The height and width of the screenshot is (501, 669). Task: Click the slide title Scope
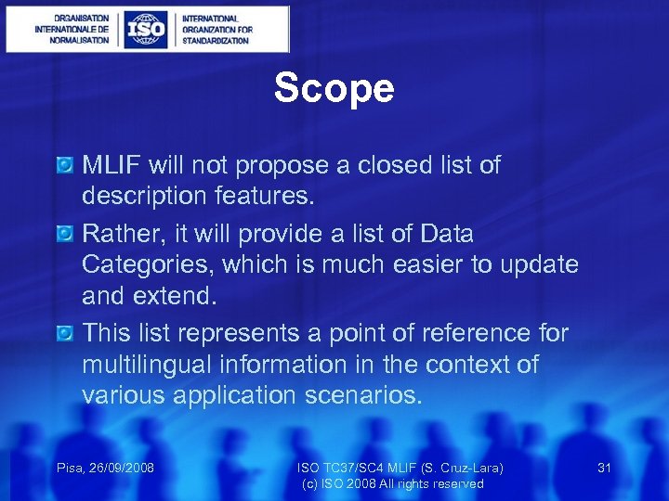point(334,89)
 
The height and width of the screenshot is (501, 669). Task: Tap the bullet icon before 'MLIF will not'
point(64,166)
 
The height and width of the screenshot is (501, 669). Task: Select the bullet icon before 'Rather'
point(64,234)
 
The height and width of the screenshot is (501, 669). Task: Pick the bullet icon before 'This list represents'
point(64,332)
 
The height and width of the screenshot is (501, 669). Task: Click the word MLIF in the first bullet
point(111,165)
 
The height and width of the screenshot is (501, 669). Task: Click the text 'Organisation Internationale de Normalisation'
point(72,30)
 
